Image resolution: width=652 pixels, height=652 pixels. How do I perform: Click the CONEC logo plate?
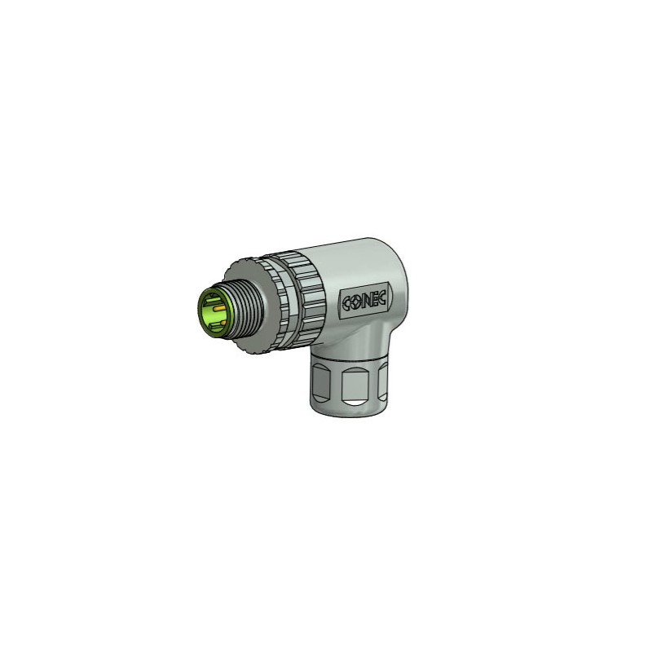point(365,301)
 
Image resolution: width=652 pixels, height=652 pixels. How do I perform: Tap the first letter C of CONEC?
point(347,303)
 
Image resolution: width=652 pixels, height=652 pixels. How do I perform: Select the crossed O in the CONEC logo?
point(357,302)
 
